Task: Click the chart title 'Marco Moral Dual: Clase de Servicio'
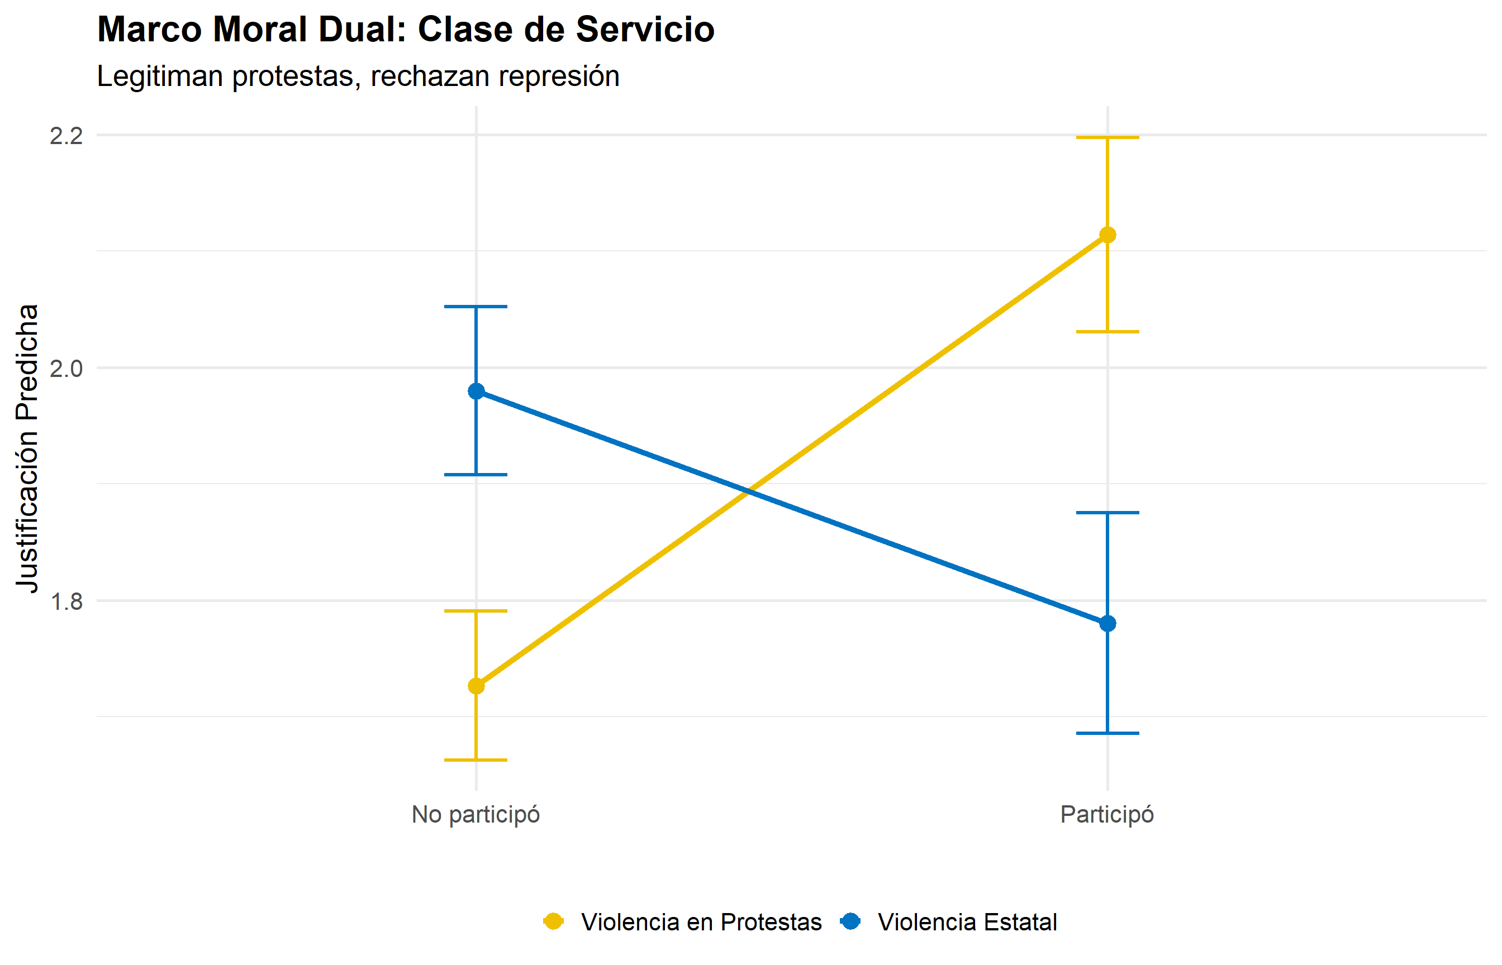click(x=406, y=30)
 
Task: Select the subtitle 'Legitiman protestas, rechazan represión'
click(x=358, y=77)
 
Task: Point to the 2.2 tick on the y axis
click(x=66, y=136)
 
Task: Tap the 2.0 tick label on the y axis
click(x=66, y=369)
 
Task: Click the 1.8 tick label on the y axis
click(x=66, y=601)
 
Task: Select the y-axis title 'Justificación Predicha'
click(x=27, y=448)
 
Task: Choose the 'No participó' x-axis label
click(x=476, y=815)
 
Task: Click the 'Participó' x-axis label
click(x=1107, y=815)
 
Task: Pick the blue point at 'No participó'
click(x=477, y=391)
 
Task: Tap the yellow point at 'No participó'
click(x=477, y=687)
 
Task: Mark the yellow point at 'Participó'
click(x=1108, y=235)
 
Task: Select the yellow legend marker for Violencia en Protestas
click(x=553, y=922)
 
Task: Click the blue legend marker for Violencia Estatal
click(x=850, y=922)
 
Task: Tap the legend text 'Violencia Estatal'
click(x=967, y=923)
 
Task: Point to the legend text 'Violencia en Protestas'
click(x=701, y=923)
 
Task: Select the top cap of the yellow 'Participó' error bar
click(x=1108, y=137)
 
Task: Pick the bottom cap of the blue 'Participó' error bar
click(x=1108, y=733)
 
